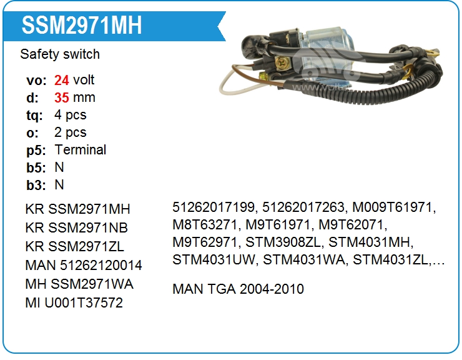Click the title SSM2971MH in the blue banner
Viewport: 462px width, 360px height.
point(81,26)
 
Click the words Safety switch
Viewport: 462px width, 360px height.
point(60,54)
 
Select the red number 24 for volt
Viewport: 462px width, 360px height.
point(62,80)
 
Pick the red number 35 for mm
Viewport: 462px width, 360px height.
point(62,97)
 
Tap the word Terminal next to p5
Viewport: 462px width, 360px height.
point(81,150)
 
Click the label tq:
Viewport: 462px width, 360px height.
point(34,115)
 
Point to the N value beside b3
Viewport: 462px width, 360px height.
point(59,185)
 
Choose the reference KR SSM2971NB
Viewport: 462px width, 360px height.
point(77,227)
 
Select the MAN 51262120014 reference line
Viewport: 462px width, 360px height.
point(84,265)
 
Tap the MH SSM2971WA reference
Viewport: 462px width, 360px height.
point(79,284)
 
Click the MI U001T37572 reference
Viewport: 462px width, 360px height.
point(74,303)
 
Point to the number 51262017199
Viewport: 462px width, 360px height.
point(214,207)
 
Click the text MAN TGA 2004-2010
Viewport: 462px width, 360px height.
point(238,289)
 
